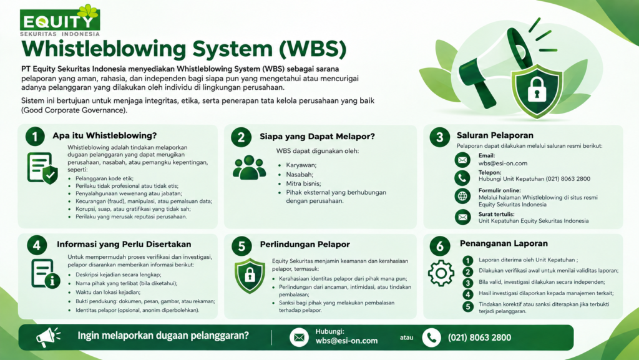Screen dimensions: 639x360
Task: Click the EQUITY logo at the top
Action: (60, 21)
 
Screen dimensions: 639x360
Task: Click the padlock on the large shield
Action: (537, 90)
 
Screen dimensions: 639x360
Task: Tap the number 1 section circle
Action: (35, 137)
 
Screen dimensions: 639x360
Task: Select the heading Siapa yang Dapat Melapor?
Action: (317, 137)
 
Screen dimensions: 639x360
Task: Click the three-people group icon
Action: (250, 167)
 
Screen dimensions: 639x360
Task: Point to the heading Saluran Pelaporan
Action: (495, 135)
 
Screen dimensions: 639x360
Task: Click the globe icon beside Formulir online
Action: (462, 197)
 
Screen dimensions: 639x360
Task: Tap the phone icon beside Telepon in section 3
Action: (462, 178)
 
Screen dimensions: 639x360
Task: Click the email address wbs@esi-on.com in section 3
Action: (502, 163)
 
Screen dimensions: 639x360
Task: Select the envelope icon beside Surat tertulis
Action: (462, 217)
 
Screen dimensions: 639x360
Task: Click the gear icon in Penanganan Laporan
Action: (441, 273)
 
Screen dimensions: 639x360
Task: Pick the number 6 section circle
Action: (440, 246)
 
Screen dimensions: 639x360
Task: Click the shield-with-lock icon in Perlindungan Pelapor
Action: (250, 276)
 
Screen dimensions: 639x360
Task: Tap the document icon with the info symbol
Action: (46, 274)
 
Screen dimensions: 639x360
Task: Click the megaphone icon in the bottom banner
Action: (48, 337)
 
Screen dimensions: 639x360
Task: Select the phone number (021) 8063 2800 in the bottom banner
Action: (479, 338)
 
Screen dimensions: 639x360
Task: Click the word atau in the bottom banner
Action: (406, 338)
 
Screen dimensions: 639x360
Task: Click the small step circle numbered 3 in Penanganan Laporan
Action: (468, 283)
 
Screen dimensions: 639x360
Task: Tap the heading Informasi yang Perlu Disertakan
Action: (124, 245)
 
